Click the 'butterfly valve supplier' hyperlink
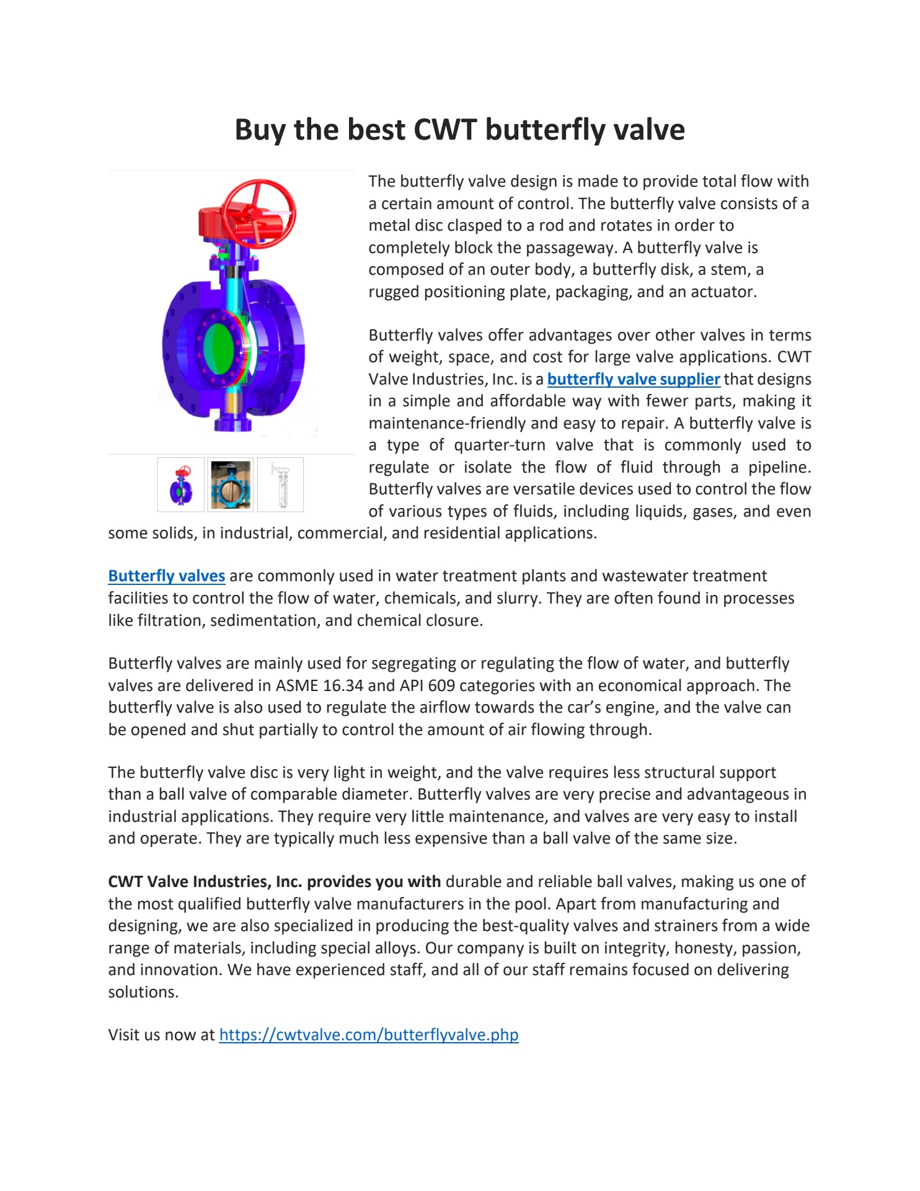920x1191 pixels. pos(633,379)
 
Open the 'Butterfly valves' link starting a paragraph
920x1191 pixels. pos(166,576)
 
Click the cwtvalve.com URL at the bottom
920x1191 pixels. pos(368,1035)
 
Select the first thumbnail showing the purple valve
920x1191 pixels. pos(181,484)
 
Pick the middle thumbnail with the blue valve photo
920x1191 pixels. pos(231,484)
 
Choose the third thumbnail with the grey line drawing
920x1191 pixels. pos(281,484)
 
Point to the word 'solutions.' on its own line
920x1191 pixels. pos(143,992)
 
